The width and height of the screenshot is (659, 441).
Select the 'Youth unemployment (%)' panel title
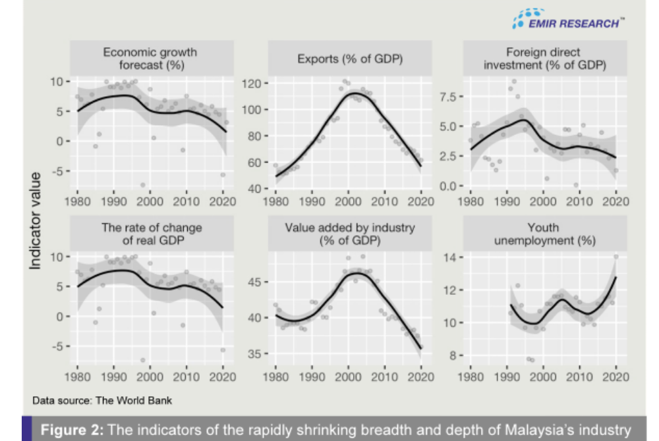(544, 234)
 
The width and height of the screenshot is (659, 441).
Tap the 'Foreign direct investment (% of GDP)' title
(544, 59)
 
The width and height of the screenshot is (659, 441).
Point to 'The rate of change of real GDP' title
(152, 234)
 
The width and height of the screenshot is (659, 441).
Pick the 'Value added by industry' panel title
(350, 234)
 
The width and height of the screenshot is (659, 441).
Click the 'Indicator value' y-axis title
(37, 220)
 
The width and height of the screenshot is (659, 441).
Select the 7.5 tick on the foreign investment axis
(449, 96)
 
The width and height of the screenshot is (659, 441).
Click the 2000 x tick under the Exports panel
(350, 201)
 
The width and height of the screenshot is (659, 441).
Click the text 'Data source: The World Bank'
(102, 400)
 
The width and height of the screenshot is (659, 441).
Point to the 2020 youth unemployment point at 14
(616, 257)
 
